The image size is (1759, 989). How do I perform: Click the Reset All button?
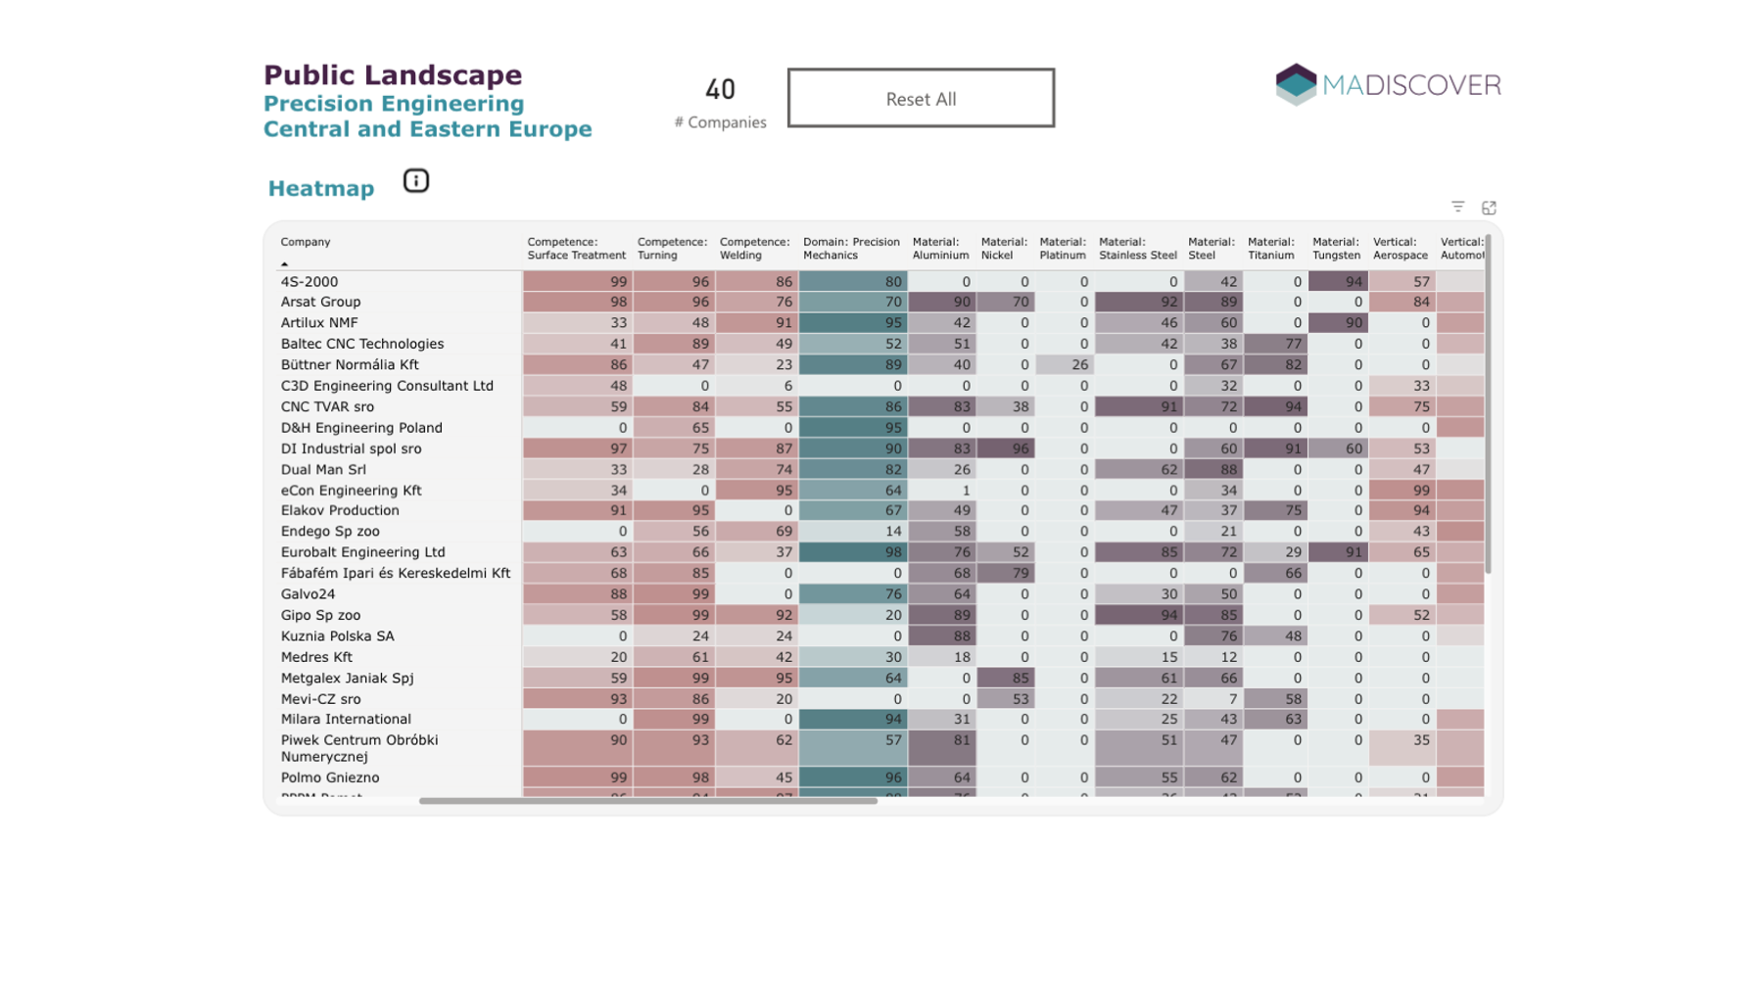point(920,98)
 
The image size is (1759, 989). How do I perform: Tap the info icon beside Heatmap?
point(415,181)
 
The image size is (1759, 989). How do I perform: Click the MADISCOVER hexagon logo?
point(1296,84)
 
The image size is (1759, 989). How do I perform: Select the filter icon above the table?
point(1457,207)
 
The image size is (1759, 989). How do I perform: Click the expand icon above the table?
point(1489,208)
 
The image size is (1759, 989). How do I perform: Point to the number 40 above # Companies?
point(720,90)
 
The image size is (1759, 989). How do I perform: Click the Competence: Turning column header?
point(671,249)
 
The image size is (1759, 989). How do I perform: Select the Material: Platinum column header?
point(1062,249)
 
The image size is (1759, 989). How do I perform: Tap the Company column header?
point(306,242)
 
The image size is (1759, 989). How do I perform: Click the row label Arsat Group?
point(320,302)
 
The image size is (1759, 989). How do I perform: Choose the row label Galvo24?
point(308,593)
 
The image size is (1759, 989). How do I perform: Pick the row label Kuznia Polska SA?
point(337,636)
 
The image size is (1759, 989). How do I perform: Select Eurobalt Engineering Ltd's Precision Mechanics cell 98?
point(852,552)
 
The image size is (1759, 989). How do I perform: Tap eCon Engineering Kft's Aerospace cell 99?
point(1402,490)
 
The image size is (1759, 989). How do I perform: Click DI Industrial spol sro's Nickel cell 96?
point(1006,448)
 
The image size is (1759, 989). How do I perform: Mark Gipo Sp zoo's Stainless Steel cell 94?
point(1138,615)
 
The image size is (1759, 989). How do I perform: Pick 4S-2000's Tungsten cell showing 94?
point(1338,282)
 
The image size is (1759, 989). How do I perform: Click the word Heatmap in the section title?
point(321,188)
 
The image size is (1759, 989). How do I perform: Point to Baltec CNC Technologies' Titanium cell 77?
point(1275,344)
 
